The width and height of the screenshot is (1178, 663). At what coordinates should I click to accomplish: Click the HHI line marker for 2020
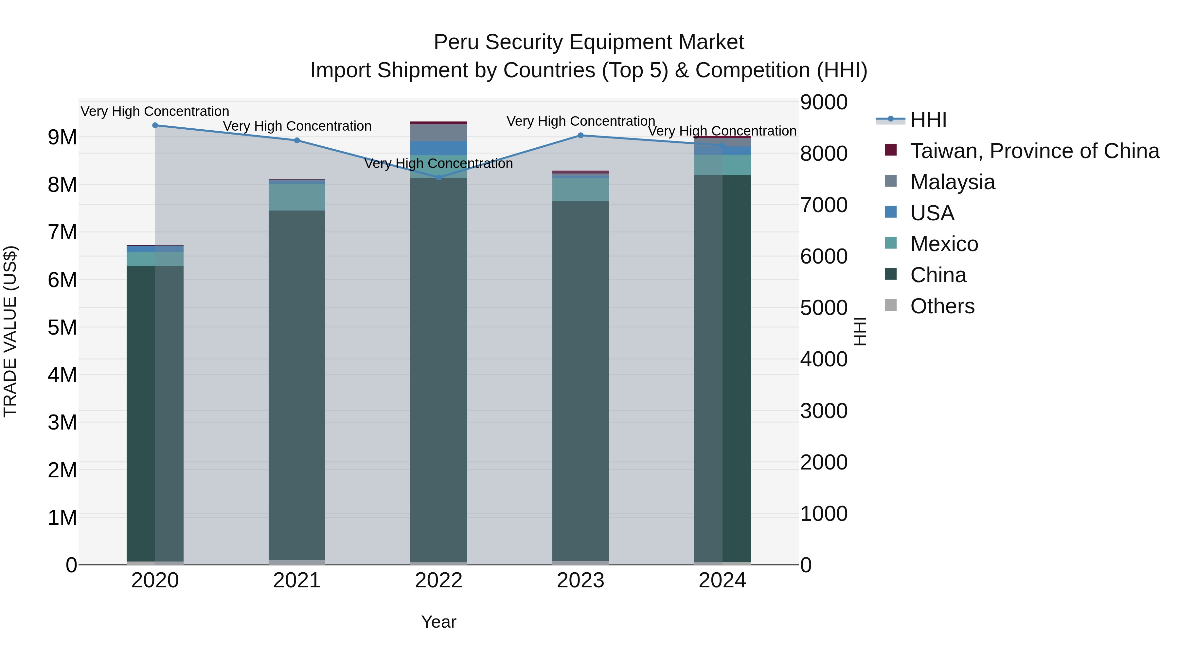pos(155,125)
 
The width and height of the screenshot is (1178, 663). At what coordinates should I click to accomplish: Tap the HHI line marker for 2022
pos(438,177)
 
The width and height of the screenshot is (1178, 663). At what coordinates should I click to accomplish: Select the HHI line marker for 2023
pos(580,136)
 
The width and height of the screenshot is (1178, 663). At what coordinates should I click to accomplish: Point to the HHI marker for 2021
pos(297,140)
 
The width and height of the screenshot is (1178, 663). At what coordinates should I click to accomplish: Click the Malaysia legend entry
pos(953,182)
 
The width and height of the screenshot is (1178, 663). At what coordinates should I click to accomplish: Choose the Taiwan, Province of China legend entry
pos(1034,151)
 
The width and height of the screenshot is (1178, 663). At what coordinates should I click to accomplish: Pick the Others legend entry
pos(942,306)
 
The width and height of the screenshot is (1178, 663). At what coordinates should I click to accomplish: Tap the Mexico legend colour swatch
pos(891,243)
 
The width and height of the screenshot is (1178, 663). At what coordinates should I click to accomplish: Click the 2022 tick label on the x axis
pos(438,580)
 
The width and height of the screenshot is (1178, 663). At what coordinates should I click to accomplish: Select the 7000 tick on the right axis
pos(824,205)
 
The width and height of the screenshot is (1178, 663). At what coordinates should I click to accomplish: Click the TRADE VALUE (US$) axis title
pos(10,331)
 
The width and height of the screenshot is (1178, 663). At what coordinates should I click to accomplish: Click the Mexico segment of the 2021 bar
pos(297,197)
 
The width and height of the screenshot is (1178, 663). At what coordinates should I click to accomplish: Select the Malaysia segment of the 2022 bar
pos(438,133)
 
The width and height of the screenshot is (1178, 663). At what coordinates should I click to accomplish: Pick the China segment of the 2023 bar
pos(580,380)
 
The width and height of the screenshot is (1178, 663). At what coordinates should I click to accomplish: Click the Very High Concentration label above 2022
pos(438,163)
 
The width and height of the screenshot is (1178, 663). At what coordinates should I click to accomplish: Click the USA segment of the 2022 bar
pos(438,148)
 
